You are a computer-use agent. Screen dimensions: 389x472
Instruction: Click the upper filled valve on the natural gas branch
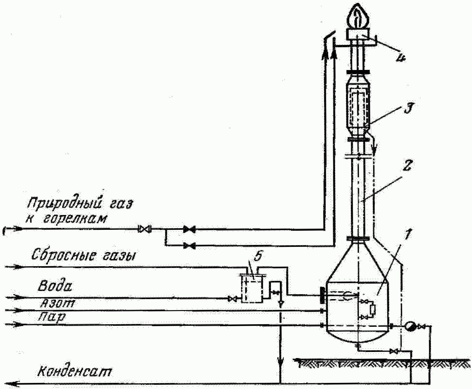(189, 229)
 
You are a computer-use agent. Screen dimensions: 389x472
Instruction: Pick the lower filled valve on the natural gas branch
(189, 246)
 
